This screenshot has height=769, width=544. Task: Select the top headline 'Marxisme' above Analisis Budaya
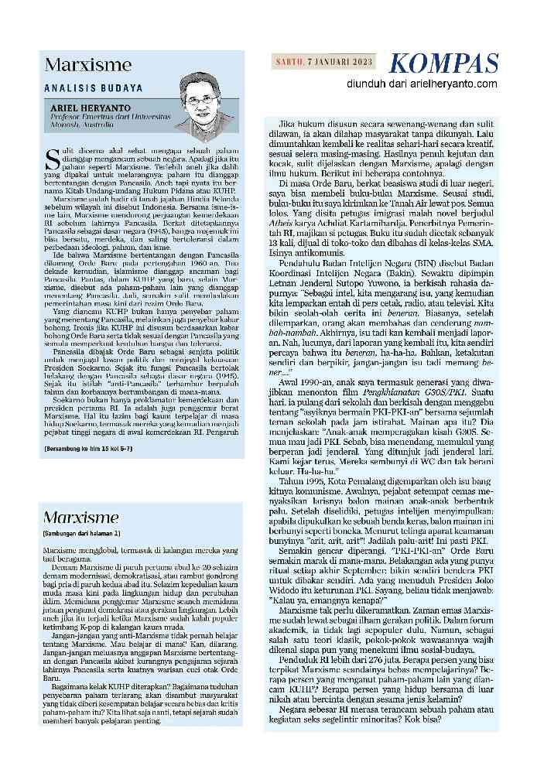pos(87,66)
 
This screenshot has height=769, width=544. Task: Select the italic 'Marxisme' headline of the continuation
pos(81,517)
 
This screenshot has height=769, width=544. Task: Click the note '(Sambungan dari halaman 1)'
pos(80,534)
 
